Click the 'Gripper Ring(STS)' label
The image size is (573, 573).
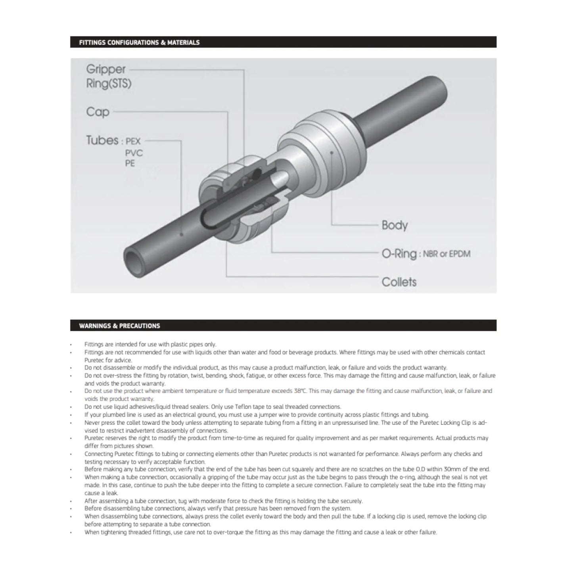pos(108,76)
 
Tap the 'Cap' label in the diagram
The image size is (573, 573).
pos(98,112)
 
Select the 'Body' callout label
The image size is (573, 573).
pos(395,225)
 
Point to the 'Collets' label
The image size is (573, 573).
pos(399,282)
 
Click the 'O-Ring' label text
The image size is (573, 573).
pos(399,254)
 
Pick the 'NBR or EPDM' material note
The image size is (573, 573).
pos(447,254)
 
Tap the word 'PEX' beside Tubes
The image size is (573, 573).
pos(133,141)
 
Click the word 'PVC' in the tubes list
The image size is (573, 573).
pos(134,153)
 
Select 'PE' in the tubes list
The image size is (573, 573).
pos(130,163)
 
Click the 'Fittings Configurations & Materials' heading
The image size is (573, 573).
pos(139,42)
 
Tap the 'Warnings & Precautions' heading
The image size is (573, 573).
pos(119,326)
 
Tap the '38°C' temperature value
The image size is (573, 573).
pos(300,391)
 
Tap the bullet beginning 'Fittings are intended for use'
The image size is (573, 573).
pos(71,345)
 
